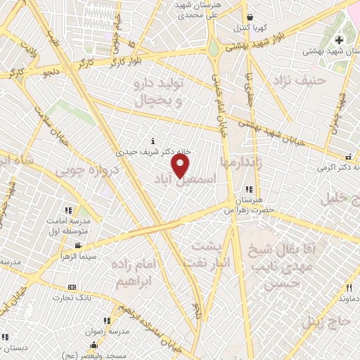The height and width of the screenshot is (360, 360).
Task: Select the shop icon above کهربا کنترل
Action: point(250,18)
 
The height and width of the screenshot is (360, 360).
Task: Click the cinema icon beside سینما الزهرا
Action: point(77,246)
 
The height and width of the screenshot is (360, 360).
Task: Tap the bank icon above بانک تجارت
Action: point(72,288)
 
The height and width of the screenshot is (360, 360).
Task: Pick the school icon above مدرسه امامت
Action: point(68,210)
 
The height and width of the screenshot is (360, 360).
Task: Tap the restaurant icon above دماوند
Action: point(349,288)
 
